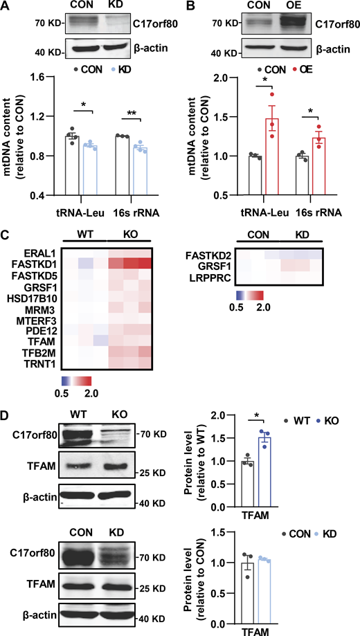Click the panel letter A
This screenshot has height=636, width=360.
click(x=6, y=6)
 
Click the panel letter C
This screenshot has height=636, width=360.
click(x=6, y=236)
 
